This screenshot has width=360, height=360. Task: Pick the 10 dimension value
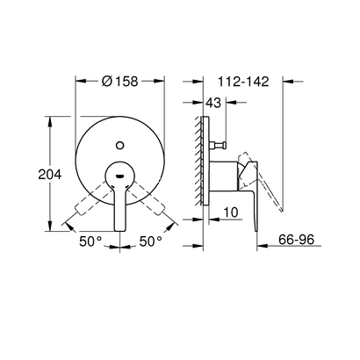[231, 212]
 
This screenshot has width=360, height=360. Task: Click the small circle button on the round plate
[121, 139]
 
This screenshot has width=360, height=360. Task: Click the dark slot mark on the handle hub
[120, 176]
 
